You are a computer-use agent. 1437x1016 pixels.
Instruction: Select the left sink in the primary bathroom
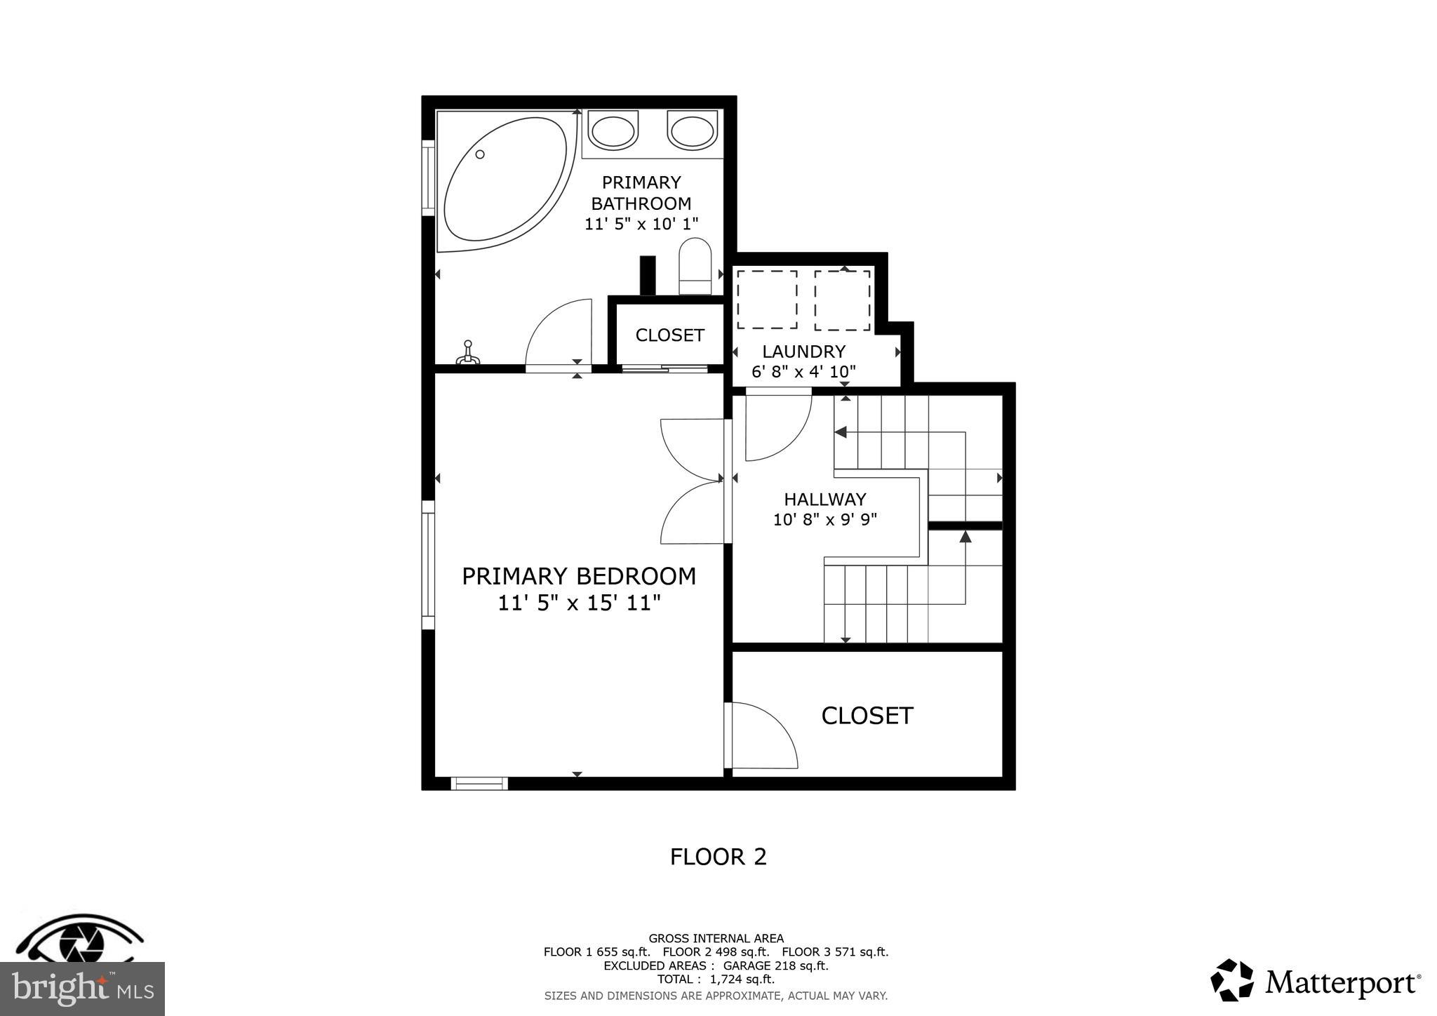click(613, 131)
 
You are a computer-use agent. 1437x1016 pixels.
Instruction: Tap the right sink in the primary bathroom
click(692, 131)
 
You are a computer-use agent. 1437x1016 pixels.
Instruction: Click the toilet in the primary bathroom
click(695, 267)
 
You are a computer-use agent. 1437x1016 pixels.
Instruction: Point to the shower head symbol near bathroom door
click(468, 354)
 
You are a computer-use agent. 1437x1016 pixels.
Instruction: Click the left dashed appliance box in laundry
click(767, 300)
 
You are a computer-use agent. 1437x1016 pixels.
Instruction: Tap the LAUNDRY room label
click(804, 352)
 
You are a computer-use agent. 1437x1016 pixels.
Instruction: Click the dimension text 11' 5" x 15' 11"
click(580, 603)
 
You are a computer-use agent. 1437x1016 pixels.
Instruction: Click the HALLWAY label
click(825, 500)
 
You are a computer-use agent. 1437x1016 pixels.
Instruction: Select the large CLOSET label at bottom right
click(867, 716)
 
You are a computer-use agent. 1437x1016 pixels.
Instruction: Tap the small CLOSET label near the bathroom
click(669, 335)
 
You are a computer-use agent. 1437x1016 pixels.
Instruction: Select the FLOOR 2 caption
click(718, 857)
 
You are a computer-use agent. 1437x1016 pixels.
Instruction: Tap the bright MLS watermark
click(82, 989)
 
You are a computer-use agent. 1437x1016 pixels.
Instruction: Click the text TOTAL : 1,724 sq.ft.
click(716, 979)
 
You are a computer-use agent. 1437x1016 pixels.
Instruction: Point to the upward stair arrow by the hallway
click(965, 537)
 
